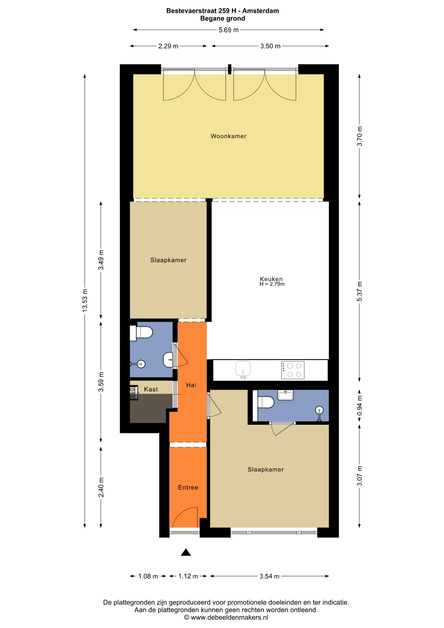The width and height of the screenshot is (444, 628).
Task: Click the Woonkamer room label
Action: (228, 136)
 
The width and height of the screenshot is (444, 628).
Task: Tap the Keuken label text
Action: (271, 279)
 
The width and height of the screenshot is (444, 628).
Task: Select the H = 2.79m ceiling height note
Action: (272, 284)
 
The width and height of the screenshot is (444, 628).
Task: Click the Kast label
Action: (151, 389)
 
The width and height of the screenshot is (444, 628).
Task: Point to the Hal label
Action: (191, 385)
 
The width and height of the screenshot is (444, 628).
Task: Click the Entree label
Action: (188, 487)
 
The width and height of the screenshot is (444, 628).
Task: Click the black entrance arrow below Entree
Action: (186, 552)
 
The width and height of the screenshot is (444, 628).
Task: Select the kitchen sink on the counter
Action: (243, 369)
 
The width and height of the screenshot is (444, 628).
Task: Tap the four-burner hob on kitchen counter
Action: (293, 370)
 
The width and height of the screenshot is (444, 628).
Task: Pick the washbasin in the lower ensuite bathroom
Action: (285, 395)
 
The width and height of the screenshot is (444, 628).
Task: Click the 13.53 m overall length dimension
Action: (85, 300)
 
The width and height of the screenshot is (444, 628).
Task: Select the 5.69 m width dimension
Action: (229, 30)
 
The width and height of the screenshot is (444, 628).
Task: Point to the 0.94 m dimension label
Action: (359, 405)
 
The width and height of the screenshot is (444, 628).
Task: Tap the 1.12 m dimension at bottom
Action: (188, 576)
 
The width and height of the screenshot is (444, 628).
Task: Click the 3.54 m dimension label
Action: (269, 576)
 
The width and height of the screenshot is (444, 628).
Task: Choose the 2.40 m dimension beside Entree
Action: (101, 487)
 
